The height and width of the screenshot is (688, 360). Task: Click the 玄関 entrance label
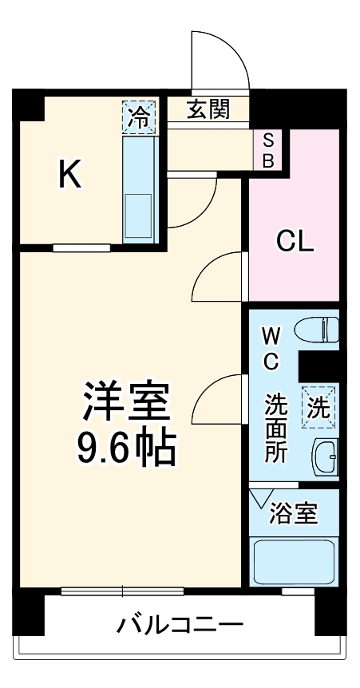(x=209, y=109)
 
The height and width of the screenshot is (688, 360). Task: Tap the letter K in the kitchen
(x=70, y=174)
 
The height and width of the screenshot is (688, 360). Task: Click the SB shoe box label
(x=268, y=150)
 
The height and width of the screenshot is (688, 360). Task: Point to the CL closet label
(x=295, y=241)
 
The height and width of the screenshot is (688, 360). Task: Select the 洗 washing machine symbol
(x=318, y=408)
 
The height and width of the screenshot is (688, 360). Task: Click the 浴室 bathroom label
(x=293, y=514)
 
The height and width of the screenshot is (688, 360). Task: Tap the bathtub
(x=294, y=563)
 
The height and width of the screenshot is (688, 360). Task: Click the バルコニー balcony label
(x=181, y=623)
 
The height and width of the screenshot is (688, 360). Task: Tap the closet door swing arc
(x=217, y=275)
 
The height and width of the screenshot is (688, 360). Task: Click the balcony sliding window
(x=122, y=591)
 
